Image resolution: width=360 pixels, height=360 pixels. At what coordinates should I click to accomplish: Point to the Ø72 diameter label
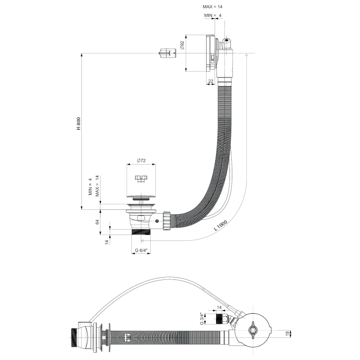(140, 161)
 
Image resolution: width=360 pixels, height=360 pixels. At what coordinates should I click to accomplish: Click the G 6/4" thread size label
(141, 251)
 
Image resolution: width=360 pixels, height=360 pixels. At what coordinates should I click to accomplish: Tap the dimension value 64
(97, 222)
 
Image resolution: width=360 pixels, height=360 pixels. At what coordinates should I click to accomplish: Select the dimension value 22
(211, 81)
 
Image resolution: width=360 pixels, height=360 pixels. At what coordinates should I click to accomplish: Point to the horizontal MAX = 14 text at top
(213, 7)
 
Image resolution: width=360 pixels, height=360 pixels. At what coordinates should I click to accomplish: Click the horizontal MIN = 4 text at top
(213, 16)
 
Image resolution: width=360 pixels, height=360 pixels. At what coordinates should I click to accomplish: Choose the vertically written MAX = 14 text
(96, 185)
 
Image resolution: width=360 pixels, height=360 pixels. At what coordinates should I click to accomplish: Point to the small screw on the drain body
(157, 221)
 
